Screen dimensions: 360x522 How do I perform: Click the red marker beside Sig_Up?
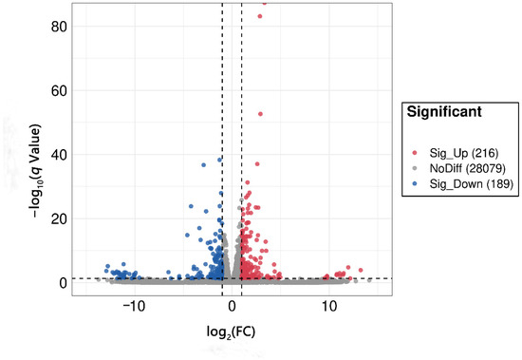click(x=415, y=153)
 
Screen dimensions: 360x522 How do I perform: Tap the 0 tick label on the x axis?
click(x=232, y=308)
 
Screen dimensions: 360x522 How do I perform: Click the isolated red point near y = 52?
click(x=261, y=114)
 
